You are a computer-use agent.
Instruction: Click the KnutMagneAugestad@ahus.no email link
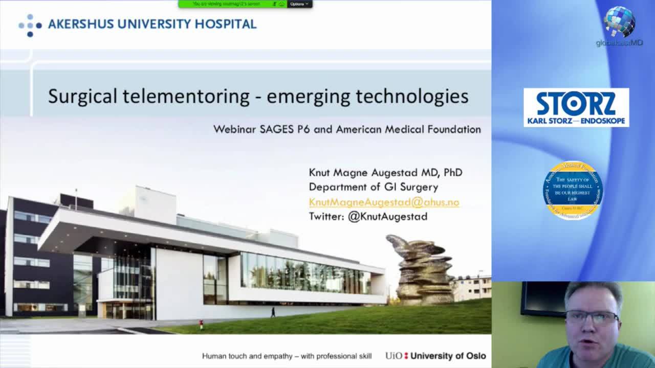pos(384,202)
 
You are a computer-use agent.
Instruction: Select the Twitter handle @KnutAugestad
pos(387,216)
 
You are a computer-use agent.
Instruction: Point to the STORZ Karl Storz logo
pos(576,107)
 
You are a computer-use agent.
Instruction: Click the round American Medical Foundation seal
pos(573,190)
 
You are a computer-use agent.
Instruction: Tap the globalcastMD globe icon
pos(619,22)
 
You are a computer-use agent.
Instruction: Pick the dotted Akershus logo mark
pos(30,25)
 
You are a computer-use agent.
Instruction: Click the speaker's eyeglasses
pos(593,318)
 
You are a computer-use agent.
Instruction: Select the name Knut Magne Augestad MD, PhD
pos(385,172)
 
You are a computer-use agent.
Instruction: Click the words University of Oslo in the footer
pos(448,356)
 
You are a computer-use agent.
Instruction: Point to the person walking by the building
pos(273,312)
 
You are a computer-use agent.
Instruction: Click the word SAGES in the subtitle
pos(276,129)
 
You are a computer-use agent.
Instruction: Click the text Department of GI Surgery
pos(373,187)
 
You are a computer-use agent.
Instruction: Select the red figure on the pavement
pos(201,324)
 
